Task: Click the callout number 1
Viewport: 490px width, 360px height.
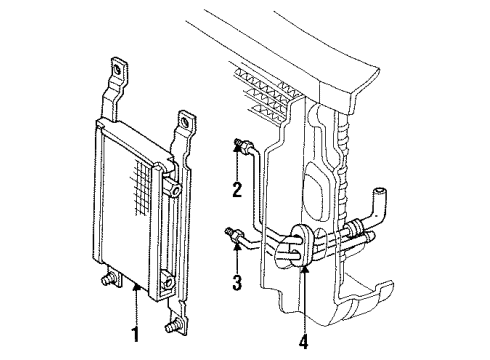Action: (x=136, y=329)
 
